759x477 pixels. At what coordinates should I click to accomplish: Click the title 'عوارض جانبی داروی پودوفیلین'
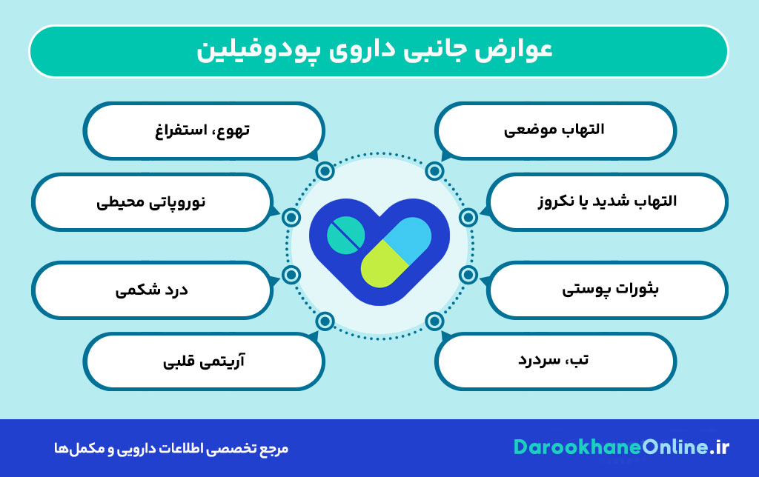click(x=378, y=51)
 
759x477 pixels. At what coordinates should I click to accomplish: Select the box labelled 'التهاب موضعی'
click(x=555, y=130)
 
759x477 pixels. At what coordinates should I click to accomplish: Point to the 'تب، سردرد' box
click(x=555, y=361)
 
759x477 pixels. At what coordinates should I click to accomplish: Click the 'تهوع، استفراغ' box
click(x=205, y=130)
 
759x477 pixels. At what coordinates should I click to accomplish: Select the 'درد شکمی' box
click(x=152, y=289)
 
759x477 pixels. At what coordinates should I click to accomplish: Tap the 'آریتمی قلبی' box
click(x=205, y=361)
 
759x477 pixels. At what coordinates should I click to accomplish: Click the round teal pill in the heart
click(x=345, y=236)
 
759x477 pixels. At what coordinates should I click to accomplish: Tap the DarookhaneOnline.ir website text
click(x=621, y=447)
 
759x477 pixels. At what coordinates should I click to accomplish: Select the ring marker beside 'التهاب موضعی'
click(x=434, y=172)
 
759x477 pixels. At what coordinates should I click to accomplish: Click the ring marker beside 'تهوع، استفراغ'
click(x=324, y=172)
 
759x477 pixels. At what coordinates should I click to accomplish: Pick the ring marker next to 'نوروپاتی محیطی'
click(x=291, y=218)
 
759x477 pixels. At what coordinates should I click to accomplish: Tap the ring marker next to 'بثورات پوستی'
click(x=468, y=275)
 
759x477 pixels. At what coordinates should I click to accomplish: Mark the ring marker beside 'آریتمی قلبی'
click(x=324, y=321)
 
